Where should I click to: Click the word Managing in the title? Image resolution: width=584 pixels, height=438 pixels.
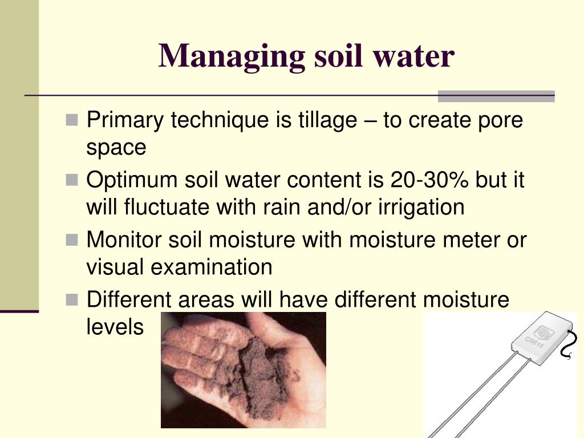point(232,57)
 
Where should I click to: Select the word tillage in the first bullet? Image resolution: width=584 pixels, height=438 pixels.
point(328,121)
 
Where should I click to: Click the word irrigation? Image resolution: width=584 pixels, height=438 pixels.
point(421,207)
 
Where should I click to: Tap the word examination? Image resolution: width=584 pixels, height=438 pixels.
point(211,267)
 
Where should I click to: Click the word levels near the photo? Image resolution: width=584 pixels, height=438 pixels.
point(115,327)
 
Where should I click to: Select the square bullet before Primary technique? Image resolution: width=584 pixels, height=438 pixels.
point(72,120)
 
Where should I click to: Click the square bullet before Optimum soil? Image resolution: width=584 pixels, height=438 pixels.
point(72,180)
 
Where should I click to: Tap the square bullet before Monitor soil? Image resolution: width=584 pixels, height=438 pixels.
point(72,240)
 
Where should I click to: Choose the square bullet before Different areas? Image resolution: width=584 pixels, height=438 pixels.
point(72,300)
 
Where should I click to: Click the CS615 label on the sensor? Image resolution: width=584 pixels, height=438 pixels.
point(534,342)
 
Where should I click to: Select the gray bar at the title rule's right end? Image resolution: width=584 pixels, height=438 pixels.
point(496,96)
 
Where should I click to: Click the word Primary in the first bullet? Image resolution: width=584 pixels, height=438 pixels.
point(125,121)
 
